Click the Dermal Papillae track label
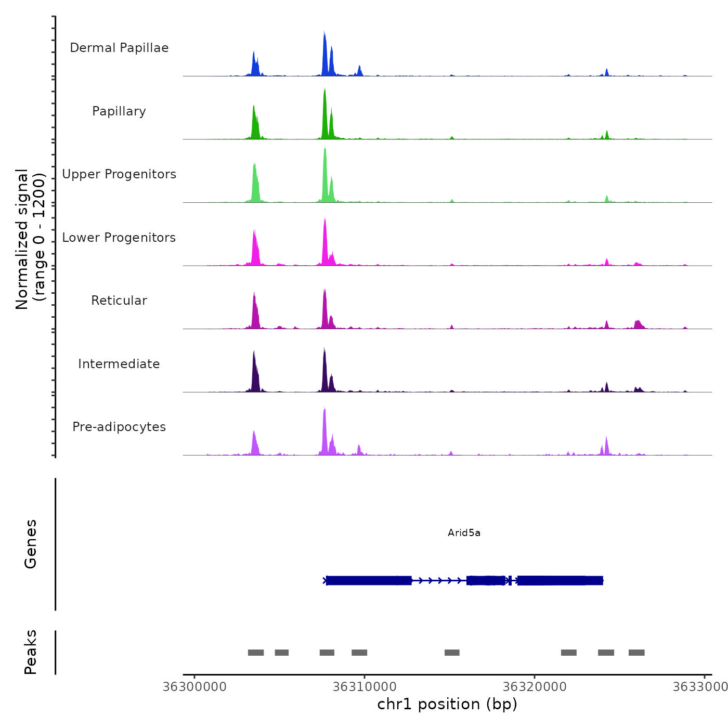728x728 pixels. (x=119, y=48)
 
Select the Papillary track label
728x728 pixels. (x=119, y=111)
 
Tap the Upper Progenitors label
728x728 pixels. (x=119, y=174)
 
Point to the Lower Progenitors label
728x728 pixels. (x=119, y=238)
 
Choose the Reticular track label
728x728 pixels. (x=119, y=301)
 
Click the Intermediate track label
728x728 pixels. (x=119, y=364)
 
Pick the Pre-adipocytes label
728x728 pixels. (x=119, y=427)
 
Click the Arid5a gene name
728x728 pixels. (x=464, y=532)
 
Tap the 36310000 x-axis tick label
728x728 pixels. (x=365, y=687)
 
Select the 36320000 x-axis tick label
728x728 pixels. (x=535, y=687)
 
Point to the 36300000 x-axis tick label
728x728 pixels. (x=194, y=687)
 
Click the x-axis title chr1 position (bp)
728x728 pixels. (x=447, y=704)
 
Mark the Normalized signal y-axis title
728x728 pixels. (x=30, y=239)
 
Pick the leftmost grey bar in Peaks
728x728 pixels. (x=256, y=653)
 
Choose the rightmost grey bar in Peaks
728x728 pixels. (x=636, y=653)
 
